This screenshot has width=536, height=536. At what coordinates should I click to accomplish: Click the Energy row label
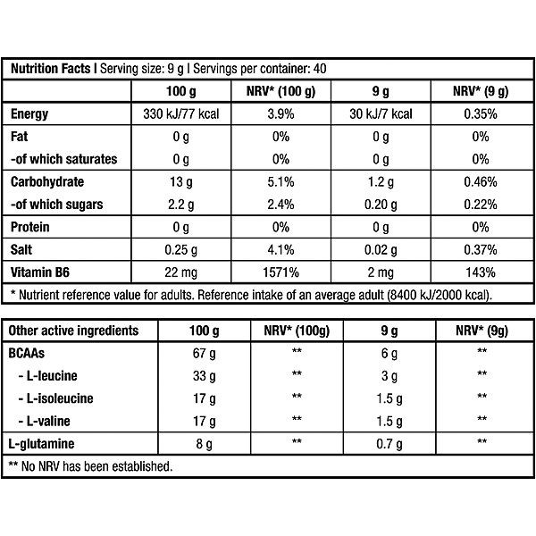point(29,113)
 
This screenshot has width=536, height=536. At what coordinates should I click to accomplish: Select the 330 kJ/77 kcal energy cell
point(180,113)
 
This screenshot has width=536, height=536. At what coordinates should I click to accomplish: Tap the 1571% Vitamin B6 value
point(281,272)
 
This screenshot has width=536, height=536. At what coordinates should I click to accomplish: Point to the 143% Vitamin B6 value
point(481,272)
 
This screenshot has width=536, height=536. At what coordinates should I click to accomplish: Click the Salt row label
point(21,249)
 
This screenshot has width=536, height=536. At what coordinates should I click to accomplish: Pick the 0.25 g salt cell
point(180,250)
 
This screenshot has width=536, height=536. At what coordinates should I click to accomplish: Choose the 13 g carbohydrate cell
point(180,182)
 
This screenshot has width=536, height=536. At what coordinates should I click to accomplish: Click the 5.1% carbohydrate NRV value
point(281,182)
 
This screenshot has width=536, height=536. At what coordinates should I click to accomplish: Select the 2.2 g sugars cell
point(180,205)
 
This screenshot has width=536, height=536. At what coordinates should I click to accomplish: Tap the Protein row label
point(30,227)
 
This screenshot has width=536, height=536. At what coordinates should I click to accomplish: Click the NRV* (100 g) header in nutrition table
point(281,91)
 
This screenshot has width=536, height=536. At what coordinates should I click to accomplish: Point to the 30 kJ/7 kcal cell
point(381,113)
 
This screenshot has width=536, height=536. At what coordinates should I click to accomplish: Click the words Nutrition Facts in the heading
point(51,69)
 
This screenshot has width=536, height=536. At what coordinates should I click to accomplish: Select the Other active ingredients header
point(73,331)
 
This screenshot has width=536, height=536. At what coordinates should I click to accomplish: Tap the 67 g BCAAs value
point(204,353)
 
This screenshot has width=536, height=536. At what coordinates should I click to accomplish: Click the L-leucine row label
point(48,376)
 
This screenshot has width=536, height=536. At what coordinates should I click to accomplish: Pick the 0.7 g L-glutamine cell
point(389,444)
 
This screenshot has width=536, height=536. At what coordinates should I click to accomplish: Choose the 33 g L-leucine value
point(204,376)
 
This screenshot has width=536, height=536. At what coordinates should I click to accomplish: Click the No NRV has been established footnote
point(90,466)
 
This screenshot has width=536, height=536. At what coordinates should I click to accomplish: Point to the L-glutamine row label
point(41,444)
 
